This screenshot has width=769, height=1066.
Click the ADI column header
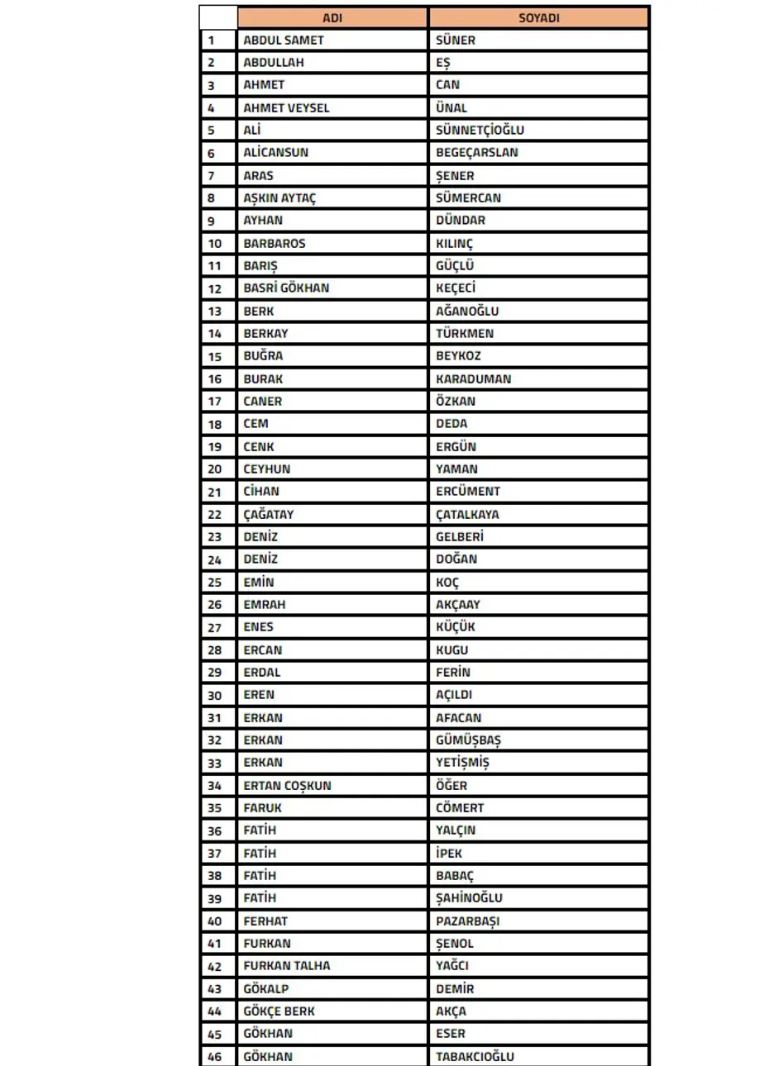332,17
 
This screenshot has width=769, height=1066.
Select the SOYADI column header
538,17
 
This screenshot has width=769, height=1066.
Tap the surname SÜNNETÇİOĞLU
480,130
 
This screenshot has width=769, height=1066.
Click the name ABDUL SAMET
284,40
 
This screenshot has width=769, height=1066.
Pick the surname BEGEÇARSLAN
477,153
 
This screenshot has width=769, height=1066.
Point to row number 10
215,244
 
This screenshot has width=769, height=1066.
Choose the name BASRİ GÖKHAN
286,288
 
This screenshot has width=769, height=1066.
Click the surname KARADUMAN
474,378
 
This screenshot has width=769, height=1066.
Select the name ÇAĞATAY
269,514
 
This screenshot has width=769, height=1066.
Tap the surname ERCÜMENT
468,492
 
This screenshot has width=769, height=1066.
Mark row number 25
215,583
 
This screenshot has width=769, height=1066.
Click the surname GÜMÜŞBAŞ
469,740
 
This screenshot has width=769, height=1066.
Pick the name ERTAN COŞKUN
287,786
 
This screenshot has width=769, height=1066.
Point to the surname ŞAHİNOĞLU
469,898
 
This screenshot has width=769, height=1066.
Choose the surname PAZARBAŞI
468,921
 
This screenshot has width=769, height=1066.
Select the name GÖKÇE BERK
279,1011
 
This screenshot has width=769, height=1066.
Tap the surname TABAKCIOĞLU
475,1056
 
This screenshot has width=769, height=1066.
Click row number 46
215,1057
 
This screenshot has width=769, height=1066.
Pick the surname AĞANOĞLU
467,312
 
